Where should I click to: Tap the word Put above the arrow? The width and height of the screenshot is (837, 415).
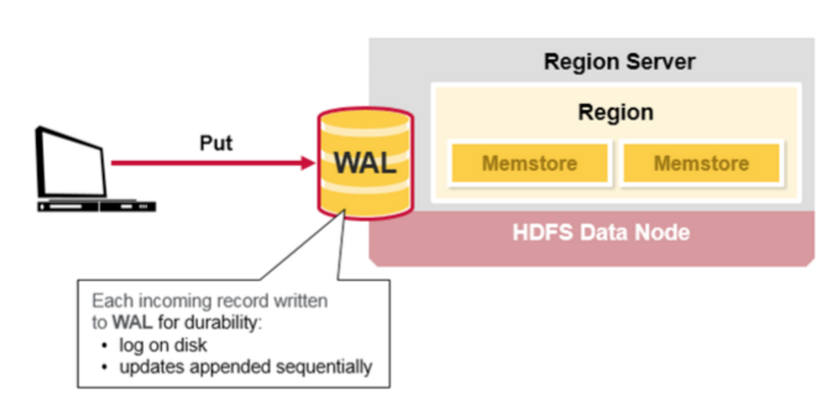(x=216, y=143)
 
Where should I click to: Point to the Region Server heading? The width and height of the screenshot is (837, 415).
(x=619, y=62)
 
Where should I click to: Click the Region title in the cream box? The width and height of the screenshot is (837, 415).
(x=616, y=112)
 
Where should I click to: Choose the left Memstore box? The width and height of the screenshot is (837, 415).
(x=529, y=164)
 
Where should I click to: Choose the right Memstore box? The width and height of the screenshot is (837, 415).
(x=701, y=164)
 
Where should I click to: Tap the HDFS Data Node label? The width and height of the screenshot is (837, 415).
(x=601, y=233)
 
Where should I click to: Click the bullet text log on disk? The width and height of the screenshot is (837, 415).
(x=163, y=345)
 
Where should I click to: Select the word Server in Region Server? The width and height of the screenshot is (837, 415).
(x=662, y=62)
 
